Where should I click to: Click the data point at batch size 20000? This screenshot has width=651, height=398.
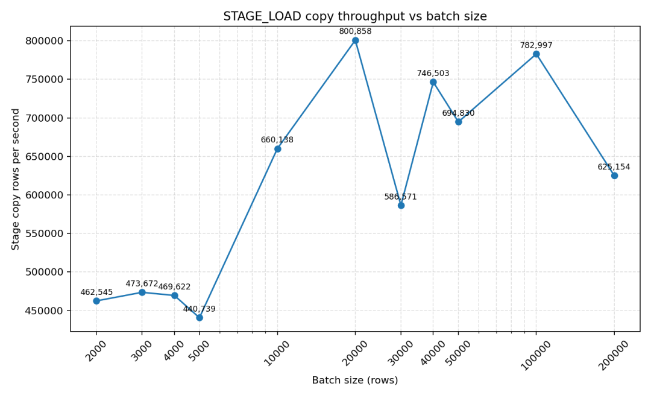[x=355, y=40]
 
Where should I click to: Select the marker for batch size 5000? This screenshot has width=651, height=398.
[x=200, y=317]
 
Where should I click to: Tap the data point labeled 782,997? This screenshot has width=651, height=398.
[x=536, y=54]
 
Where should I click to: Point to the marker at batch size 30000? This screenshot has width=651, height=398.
[x=401, y=205]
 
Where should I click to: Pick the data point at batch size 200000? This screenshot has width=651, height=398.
[x=614, y=175]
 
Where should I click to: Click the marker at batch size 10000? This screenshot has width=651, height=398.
[x=277, y=149]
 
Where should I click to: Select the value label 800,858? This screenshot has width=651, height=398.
[x=355, y=31]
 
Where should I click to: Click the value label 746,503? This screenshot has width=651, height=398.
[x=433, y=74]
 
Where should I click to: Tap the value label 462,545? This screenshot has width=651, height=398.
[x=96, y=292]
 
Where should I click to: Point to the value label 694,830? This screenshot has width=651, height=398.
[x=458, y=113]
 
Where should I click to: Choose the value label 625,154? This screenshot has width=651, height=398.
[x=614, y=167]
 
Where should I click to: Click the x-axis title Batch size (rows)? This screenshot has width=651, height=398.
[x=355, y=381]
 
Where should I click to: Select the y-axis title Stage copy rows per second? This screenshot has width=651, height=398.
[x=16, y=179]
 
